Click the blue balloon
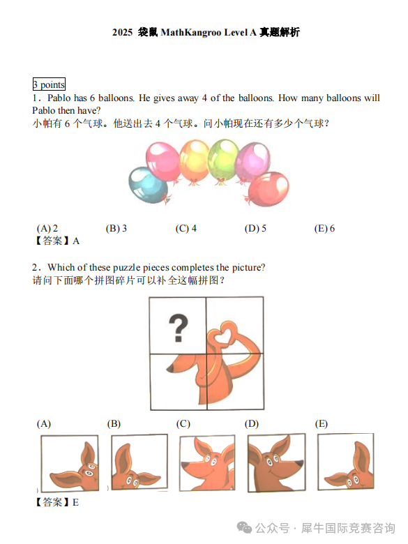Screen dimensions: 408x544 (x=147, y=186)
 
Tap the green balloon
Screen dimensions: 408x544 (x=223, y=160)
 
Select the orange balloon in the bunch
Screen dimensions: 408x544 (x=195, y=160)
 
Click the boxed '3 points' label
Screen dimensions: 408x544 (x=49, y=84)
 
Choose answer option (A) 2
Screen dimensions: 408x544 (x=47, y=228)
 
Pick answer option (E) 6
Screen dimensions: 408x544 (x=324, y=228)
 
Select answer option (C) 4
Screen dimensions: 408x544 (x=186, y=228)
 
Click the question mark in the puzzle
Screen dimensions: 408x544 (x=179, y=328)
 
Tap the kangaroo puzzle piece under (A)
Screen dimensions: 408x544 (x=70, y=462)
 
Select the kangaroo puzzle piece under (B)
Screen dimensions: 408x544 (x=139, y=462)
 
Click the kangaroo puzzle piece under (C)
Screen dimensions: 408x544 (x=207, y=463)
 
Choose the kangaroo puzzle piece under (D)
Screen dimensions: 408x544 (x=276, y=462)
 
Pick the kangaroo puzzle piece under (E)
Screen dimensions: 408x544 (x=346, y=461)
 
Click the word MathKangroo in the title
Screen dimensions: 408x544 (x=191, y=32)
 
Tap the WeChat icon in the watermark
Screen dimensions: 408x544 (x=244, y=528)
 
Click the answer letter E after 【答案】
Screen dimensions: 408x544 (x=75, y=502)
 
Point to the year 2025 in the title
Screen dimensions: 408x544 (x=122, y=32)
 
